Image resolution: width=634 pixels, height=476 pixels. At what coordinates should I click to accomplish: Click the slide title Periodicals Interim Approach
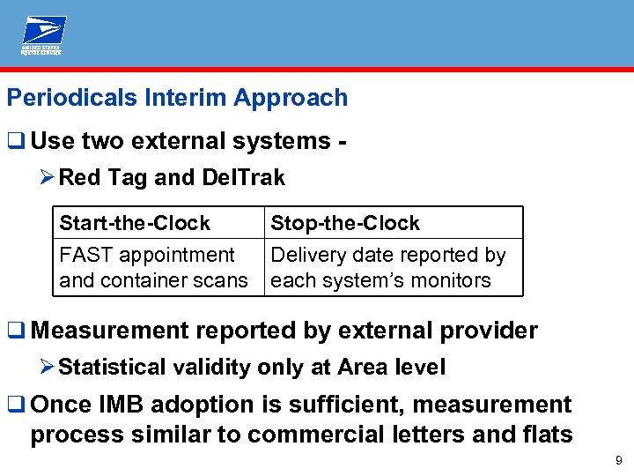177,98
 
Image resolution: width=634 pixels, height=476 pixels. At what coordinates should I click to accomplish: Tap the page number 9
619,459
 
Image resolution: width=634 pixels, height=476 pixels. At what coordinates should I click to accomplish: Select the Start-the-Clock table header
135,223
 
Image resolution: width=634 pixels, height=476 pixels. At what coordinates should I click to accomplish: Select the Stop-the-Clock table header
345,223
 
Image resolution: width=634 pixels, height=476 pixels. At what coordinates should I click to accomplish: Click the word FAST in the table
86,255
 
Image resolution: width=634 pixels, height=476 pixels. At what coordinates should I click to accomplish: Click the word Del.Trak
243,178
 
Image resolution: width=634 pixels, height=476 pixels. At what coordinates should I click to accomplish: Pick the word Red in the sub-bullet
79,178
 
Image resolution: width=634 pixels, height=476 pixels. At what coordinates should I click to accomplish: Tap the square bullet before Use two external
16,140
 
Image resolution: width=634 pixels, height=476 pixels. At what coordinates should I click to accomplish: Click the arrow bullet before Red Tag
48,178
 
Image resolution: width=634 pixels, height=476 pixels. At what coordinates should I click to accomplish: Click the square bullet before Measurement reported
16,331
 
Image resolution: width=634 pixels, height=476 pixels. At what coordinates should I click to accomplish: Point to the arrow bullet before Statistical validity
48,367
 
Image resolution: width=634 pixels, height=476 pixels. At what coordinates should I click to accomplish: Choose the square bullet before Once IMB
16,405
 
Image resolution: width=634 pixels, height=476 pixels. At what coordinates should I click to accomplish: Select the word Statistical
111,367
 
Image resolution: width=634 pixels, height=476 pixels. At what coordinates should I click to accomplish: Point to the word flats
546,435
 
